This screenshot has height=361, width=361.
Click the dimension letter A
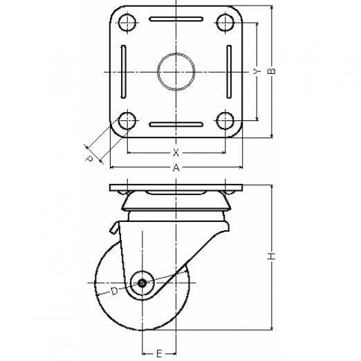tap(176, 167)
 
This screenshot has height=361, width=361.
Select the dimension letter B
tap(272, 71)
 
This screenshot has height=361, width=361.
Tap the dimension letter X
tap(176, 152)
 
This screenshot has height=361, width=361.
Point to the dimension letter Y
tap(257, 71)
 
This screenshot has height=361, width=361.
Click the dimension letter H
tap(272, 256)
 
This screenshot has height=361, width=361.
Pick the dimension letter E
tap(159, 353)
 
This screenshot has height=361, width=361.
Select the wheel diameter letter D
tap(114, 291)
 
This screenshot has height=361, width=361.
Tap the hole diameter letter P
tap(89, 159)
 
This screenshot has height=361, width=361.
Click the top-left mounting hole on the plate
tap(127, 23)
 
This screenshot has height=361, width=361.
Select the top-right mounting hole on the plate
tap(225, 23)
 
